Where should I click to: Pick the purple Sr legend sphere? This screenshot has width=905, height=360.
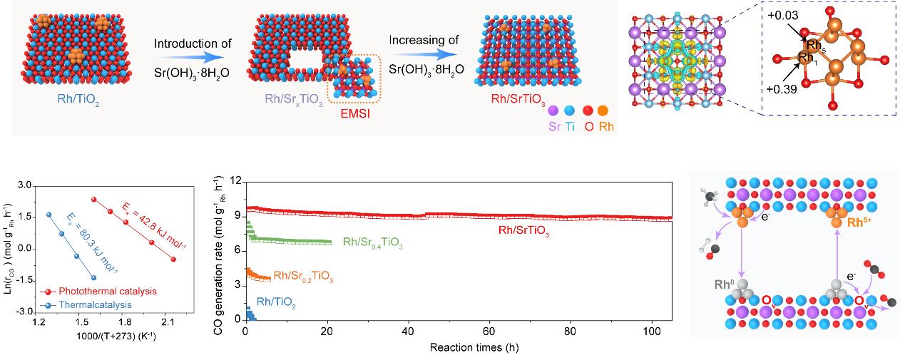(x=552, y=110)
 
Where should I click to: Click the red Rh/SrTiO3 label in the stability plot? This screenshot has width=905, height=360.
(x=526, y=230)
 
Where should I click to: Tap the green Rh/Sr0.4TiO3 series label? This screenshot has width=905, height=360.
(x=374, y=244)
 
